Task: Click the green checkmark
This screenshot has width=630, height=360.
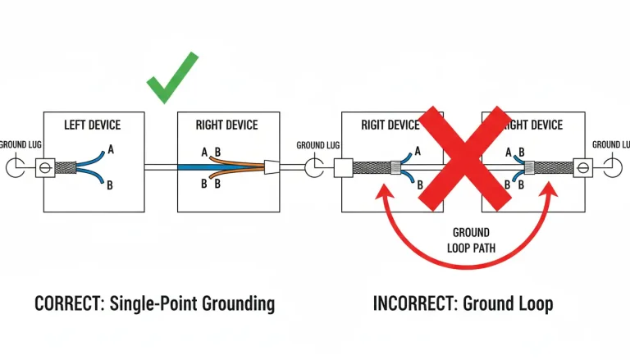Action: coord(173,79)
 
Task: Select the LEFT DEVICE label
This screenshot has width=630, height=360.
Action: coord(92,125)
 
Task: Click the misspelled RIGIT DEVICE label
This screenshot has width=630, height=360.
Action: coord(390,125)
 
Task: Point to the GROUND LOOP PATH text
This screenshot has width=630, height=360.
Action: coord(471,239)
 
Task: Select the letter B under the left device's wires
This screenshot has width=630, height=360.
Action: coord(109,186)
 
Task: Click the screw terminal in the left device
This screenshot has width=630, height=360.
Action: coord(44,167)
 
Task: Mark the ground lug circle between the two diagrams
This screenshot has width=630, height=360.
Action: coord(313,167)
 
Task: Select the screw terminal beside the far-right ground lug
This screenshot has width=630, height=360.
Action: coord(583,167)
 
